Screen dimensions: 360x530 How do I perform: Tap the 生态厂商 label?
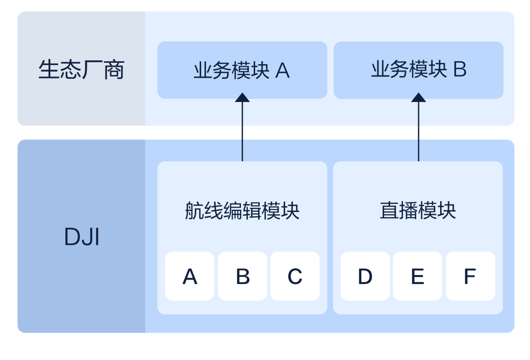click(x=81, y=70)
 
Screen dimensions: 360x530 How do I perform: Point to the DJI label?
click(x=81, y=238)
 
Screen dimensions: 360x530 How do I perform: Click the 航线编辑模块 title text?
click(x=242, y=211)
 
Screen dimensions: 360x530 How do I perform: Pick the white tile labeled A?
click(x=189, y=276)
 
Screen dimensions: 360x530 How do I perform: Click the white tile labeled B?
click(x=242, y=276)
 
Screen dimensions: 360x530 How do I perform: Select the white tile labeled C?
click(x=295, y=276)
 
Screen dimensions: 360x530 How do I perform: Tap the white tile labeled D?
click(x=365, y=276)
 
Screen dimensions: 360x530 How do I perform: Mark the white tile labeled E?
click(x=418, y=276)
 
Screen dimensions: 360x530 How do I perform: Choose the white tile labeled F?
click(x=470, y=276)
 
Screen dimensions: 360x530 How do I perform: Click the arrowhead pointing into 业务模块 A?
click(x=242, y=98)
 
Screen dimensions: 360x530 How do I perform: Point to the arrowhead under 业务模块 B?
click(x=418, y=98)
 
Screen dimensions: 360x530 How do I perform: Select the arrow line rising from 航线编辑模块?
click(x=242, y=132)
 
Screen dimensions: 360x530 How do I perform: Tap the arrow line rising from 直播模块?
click(x=418, y=132)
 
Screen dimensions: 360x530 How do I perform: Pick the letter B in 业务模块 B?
click(x=459, y=70)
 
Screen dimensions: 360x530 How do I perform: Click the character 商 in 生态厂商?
click(x=114, y=70)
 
